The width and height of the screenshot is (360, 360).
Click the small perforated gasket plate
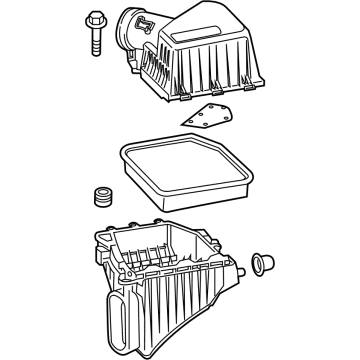pyautogui.click(x=209, y=119)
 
